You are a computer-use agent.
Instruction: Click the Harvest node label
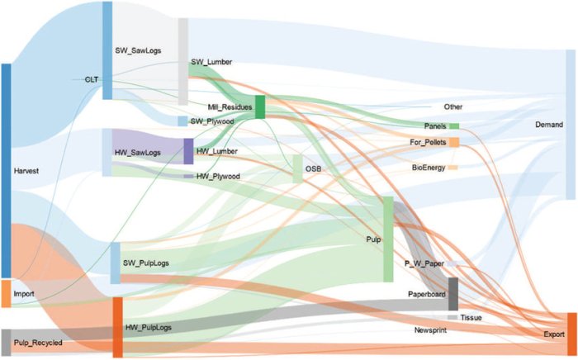click(x=27, y=171)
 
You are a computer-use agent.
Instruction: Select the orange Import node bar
click(x=6, y=293)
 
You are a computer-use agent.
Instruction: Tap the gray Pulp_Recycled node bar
click(x=6, y=342)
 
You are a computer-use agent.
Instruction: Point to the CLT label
click(x=91, y=79)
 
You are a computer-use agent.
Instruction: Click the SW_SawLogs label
click(x=138, y=50)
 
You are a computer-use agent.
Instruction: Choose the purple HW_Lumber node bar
click(x=188, y=152)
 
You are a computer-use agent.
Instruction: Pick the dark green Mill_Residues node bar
click(x=260, y=107)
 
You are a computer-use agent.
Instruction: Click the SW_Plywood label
click(x=212, y=121)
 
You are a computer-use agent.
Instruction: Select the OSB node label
click(x=313, y=168)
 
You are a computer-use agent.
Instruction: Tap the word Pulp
click(x=373, y=239)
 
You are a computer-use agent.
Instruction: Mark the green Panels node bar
click(x=454, y=126)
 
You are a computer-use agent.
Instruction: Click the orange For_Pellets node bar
click(x=454, y=142)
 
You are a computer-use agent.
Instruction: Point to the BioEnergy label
click(x=428, y=168)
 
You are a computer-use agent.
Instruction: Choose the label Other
click(x=453, y=107)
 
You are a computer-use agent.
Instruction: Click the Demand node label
click(x=549, y=125)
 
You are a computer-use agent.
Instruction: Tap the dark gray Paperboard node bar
click(x=452, y=294)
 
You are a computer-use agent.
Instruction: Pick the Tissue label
click(x=471, y=317)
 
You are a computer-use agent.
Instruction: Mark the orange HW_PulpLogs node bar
click(x=117, y=327)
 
